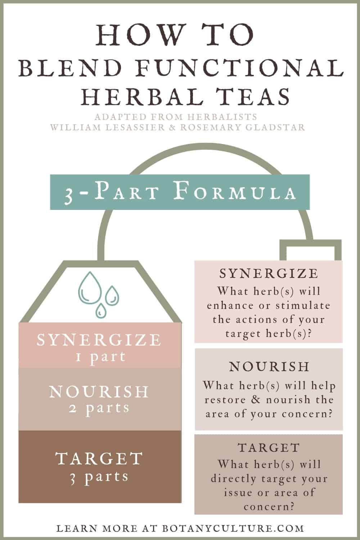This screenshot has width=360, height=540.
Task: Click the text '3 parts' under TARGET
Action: click(99, 477)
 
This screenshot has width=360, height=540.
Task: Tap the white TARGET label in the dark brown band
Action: click(99, 459)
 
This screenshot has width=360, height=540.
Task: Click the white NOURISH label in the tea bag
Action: click(99, 392)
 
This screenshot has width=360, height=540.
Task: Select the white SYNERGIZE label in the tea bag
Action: click(99, 340)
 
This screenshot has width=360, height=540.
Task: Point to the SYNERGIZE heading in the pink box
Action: click(269, 274)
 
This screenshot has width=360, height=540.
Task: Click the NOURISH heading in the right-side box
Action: click(269, 366)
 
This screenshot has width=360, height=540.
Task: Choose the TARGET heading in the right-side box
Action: click(269, 448)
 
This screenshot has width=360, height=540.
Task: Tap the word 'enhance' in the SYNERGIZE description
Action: click(230, 306)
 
